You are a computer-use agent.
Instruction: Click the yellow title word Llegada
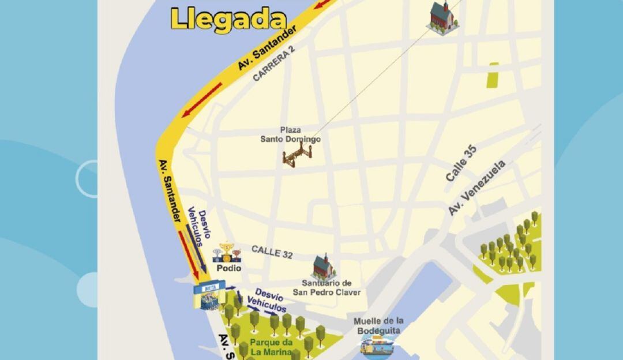[x=229, y=19]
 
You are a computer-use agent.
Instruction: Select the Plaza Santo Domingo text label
[x=290, y=135]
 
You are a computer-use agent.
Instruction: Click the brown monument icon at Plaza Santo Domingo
[x=297, y=155]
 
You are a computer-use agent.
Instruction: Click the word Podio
[x=228, y=268]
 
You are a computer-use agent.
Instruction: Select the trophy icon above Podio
[x=228, y=253]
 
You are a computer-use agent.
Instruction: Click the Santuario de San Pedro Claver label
[x=326, y=287]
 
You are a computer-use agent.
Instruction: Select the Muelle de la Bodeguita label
[x=378, y=325]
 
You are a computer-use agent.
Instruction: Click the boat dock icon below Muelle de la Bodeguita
[x=378, y=345]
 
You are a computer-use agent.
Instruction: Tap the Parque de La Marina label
[x=271, y=347]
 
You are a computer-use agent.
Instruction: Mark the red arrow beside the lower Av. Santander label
[x=189, y=253]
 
